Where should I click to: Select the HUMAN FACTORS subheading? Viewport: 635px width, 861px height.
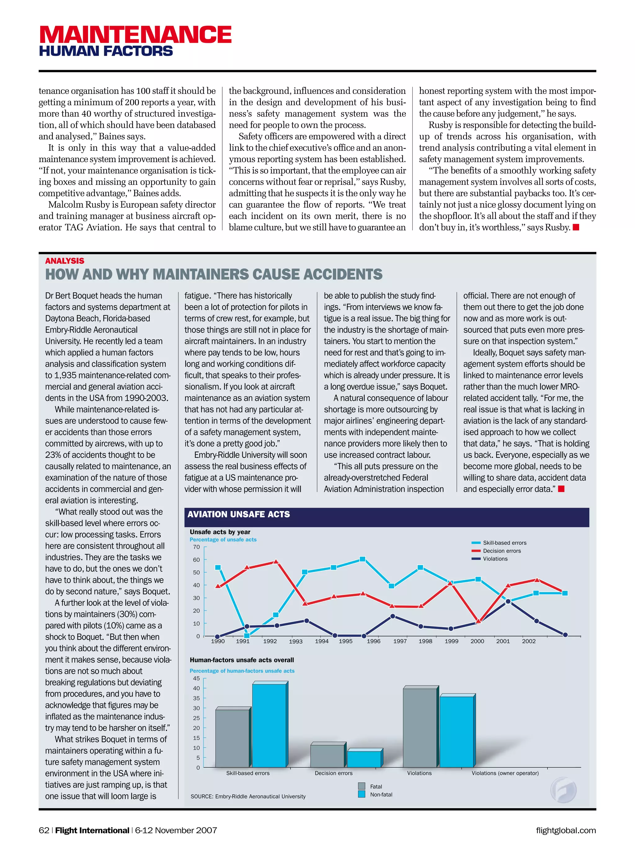[106, 51]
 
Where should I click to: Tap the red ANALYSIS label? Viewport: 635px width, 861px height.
[64, 261]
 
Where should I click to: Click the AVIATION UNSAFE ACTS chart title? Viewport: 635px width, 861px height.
[239, 514]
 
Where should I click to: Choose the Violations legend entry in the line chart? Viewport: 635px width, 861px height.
[495, 559]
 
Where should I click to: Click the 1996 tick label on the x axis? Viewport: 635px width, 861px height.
[374, 641]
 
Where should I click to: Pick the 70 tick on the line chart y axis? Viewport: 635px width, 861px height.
[196, 547]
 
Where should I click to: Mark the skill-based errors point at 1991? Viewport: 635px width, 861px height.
[247, 636]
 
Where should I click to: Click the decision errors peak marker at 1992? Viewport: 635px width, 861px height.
[276, 562]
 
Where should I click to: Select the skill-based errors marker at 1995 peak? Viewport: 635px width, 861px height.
[362, 559]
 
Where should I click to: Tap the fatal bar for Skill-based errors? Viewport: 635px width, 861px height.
[232, 738]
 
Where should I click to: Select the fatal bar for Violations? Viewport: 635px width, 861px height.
[420, 728]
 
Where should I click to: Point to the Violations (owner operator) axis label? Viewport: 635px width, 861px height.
[505, 773]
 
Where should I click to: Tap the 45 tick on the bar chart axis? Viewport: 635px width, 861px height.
[196, 678]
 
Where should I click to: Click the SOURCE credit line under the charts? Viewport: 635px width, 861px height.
[248, 796]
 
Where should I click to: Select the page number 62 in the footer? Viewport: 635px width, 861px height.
[44, 830]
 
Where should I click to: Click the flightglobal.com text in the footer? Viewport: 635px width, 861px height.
[566, 830]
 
